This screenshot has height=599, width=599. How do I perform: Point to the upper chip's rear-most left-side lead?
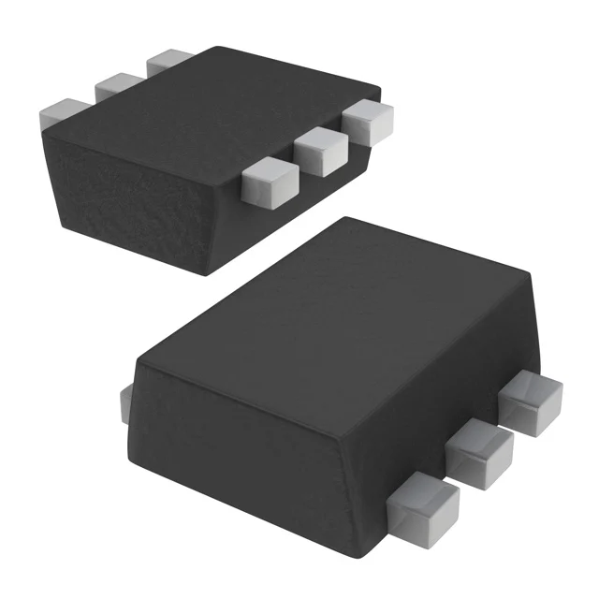(168, 61)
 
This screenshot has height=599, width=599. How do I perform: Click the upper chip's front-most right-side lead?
(270, 183)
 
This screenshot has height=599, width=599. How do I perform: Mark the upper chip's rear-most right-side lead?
(369, 121)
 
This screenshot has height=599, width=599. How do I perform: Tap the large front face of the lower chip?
(271, 440)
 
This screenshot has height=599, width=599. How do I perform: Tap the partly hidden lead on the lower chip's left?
(125, 403)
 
